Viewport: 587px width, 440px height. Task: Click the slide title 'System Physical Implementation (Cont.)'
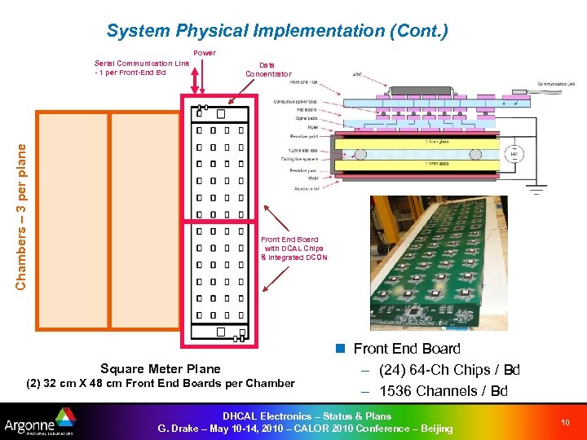277,32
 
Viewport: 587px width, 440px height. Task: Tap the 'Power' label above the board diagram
205,53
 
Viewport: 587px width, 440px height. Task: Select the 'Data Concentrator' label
267,69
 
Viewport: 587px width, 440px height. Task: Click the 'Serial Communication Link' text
142,63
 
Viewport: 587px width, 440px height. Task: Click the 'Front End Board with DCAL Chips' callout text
292,249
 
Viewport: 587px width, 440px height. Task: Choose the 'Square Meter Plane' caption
160,368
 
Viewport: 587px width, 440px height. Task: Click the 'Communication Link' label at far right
558,83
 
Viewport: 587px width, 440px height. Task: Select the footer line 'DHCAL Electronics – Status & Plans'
311,416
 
